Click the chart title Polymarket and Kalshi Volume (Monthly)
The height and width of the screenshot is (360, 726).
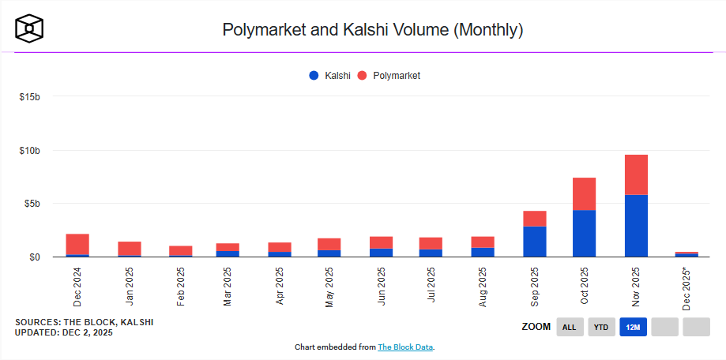point(373,30)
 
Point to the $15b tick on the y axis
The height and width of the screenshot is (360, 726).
point(29,97)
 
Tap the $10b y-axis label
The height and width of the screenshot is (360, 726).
point(29,150)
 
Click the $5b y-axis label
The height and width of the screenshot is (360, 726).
point(32,204)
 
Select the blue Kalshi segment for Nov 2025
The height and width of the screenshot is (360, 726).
point(636,226)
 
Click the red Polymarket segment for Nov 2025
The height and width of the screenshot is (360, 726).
point(636,174)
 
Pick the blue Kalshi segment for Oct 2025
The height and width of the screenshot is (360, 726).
point(585,233)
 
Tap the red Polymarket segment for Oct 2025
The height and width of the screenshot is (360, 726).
point(585,193)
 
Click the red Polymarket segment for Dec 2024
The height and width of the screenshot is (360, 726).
point(77,244)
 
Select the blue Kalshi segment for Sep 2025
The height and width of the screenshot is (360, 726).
point(534,242)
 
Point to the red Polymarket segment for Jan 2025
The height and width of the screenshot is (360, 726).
point(129,249)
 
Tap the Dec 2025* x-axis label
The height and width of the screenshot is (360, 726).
point(687,289)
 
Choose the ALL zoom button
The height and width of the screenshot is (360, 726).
point(569,327)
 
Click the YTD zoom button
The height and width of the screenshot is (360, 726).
point(601,327)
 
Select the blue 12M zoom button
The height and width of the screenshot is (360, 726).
point(634,327)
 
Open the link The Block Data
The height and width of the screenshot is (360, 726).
point(405,347)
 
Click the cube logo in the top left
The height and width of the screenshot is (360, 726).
point(29,28)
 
